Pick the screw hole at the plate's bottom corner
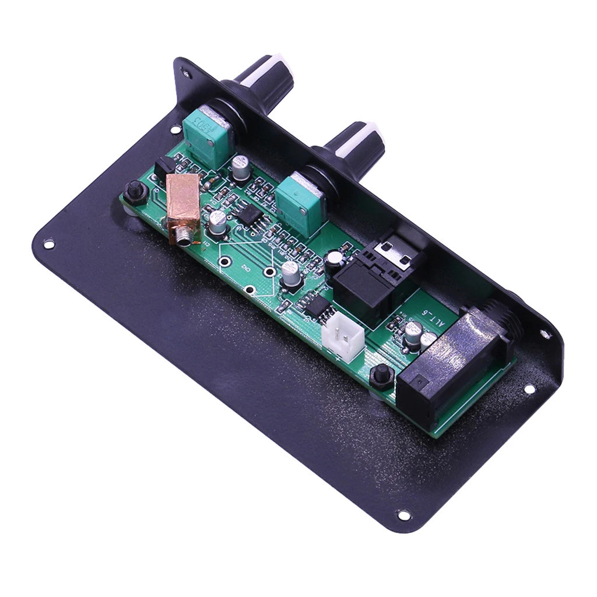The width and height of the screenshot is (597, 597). click(x=403, y=515)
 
